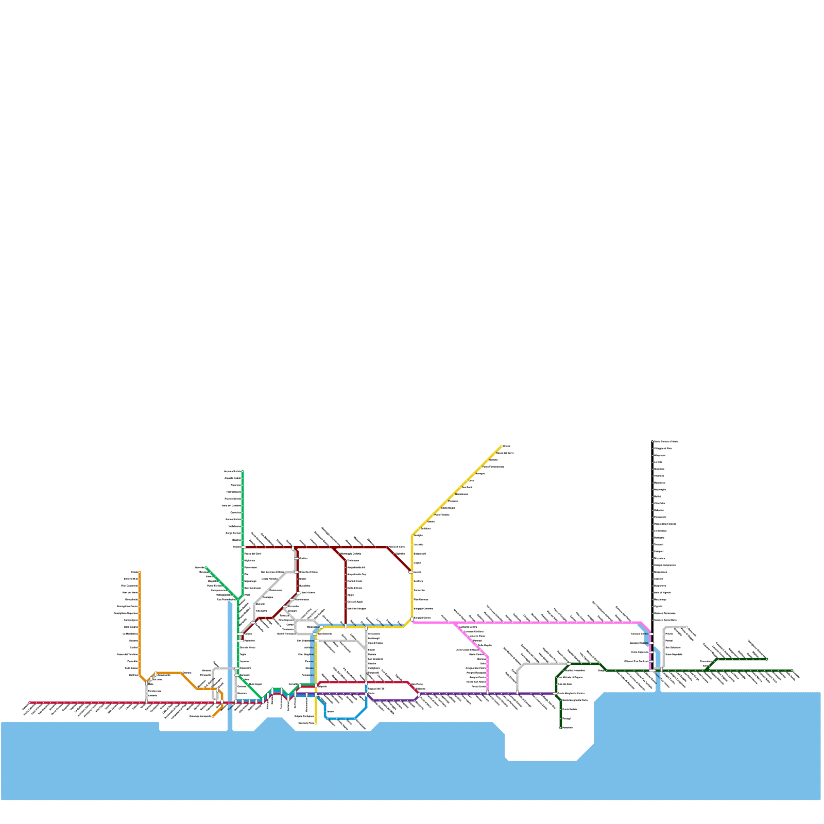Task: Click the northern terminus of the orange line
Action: coord(140,572)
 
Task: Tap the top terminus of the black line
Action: coord(653,441)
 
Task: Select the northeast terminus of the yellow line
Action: coord(501,446)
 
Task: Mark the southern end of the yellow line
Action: coord(316,723)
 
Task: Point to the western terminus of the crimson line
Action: coord(30,702)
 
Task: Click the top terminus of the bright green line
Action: coord(243,471)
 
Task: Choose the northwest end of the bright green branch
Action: coord(206,568)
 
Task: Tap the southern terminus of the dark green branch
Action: coord(561,728)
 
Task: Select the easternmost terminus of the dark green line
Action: coord(792,671)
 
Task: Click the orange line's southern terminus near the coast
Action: coord(213,716)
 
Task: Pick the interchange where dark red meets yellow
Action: coord(411,572)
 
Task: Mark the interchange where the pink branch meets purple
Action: coord(487,693)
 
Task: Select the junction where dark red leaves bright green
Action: coord(243,547)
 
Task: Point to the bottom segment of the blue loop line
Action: coord(340,718)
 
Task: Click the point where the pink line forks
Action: coord(455,623)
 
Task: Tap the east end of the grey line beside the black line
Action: coord(686,627)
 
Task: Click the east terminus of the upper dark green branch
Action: coord(767,659)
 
